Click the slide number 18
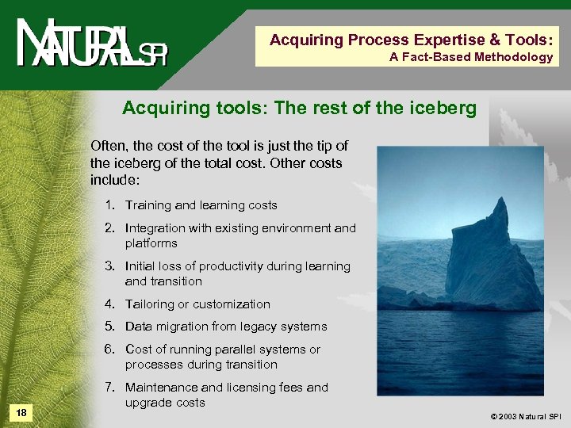(21, 412)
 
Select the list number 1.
(109, 205)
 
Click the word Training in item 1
(148, 205)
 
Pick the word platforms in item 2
(151, 243)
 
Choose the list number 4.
(109, 304)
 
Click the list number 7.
(109, 388)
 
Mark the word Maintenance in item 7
(163, 388)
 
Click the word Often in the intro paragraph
(108, 146)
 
